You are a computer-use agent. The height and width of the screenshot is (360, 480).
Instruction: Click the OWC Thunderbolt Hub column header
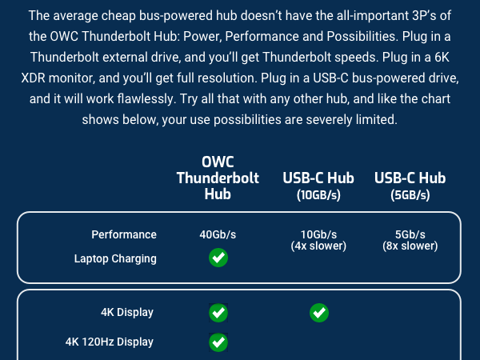pos(218,178)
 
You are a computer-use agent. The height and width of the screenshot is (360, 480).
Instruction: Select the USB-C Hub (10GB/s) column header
pos(318,185)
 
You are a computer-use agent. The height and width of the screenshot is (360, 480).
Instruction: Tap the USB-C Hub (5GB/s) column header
pos(410,185)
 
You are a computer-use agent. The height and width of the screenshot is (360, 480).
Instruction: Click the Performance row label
pos(124,234)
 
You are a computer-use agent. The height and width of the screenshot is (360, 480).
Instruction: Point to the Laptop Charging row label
pos(115,258)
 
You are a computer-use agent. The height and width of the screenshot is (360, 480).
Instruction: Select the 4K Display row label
pos(127,312)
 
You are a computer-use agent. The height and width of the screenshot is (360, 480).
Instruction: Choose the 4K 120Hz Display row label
pos(110,342)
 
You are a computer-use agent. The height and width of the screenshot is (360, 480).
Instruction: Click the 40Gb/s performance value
pos(218,234)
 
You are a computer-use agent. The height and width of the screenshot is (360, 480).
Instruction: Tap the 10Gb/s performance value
pos(318,234)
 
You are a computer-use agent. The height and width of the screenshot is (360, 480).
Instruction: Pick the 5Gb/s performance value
pos(410,234)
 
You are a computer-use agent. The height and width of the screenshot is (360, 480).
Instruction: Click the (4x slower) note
pos(318,246)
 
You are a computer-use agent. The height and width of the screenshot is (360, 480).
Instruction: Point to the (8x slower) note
pos(410,246)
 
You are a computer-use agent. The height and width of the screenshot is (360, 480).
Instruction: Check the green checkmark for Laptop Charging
pos(218,258)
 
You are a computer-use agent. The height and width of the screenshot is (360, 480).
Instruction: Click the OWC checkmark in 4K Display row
pos(218,312)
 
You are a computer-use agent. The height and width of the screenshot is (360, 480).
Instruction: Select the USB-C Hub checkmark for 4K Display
pos(318,312)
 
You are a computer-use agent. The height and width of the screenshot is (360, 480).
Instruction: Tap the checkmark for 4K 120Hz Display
pos(218,342)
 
